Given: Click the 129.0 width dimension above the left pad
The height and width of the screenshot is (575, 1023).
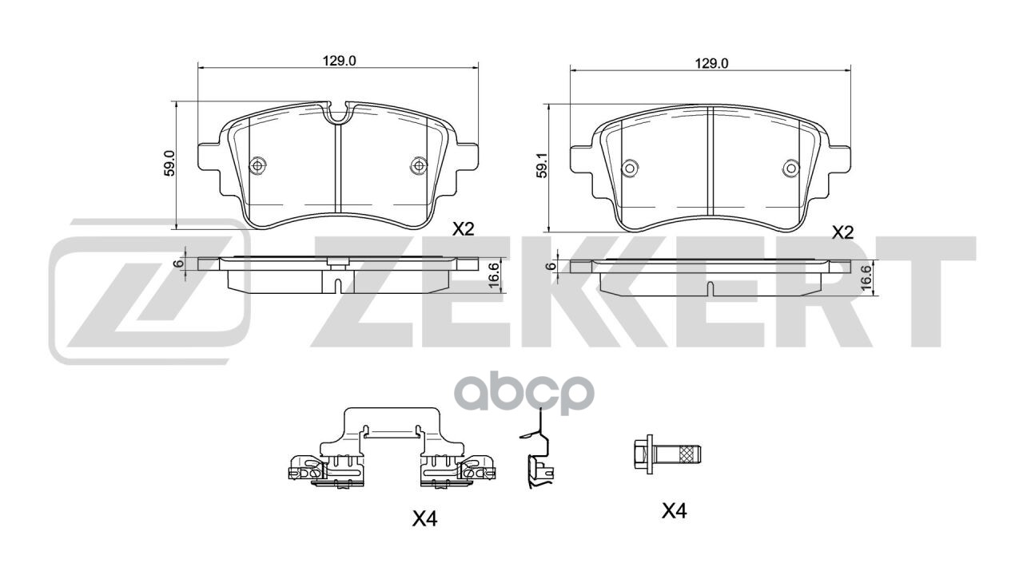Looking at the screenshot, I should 338,60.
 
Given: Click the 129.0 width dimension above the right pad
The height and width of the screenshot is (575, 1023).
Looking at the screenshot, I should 711,64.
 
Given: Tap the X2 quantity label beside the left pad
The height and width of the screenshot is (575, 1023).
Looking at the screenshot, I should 464,229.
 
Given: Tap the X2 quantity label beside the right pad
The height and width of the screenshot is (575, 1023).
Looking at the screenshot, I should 843,232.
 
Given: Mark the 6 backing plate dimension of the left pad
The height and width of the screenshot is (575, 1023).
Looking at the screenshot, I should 180,263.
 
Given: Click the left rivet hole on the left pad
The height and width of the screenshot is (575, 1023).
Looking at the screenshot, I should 257,165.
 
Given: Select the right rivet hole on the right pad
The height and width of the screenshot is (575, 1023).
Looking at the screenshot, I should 790,168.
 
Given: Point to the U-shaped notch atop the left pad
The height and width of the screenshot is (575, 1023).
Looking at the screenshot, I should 338,113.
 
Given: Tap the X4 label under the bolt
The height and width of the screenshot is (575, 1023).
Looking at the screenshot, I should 675,511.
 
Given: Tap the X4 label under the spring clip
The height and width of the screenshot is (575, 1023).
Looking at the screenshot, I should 424,519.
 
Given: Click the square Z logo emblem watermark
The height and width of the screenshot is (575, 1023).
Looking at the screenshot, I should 150,290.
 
